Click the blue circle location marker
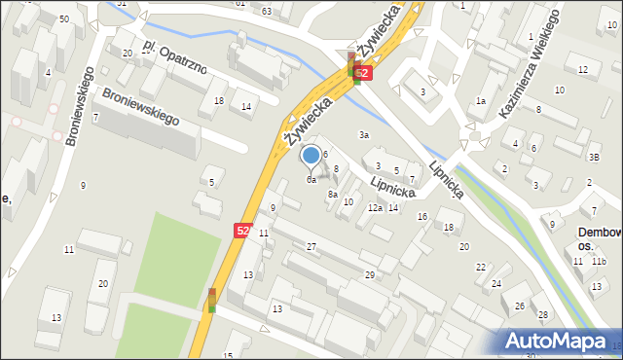311,155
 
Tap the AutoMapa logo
559,340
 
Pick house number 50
63,19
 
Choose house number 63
267,11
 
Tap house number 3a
364,134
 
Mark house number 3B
593,157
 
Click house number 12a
375,208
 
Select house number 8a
333,195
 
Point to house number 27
311,247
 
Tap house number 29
370,275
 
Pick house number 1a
480,101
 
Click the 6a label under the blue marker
311,179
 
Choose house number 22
481,267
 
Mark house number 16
421,216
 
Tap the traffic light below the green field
212,300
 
